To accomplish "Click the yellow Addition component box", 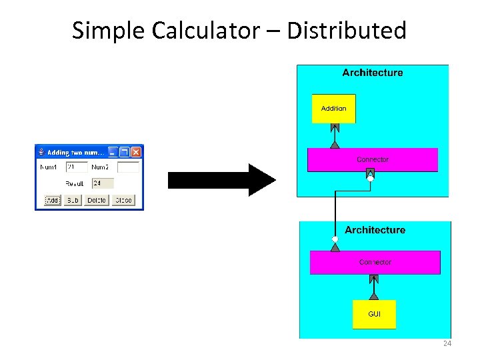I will click(334, 109).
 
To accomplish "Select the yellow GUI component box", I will click(374, 314).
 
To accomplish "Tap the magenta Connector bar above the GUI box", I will click(375, 263).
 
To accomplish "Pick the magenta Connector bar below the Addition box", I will click(372, 160).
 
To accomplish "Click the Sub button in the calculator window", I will click(73, 200).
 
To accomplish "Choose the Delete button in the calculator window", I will click(96, 200).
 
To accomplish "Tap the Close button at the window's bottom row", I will click(123, 200).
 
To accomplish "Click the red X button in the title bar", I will click(135, 152).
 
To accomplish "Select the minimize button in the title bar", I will click(113, 152).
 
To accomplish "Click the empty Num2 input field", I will click(128, 167).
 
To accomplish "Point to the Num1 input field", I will click(77, 167).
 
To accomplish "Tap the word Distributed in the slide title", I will click(346, 30).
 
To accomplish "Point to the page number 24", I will click(447, 344).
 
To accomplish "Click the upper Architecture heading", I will click(373, 73).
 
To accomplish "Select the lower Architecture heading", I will click(375, 230).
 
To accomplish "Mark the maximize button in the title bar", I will click(124, 152).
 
